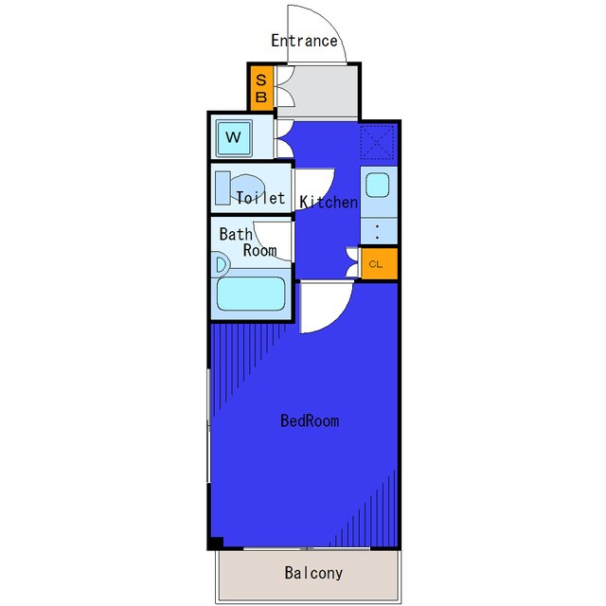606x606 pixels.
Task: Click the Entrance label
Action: coord(304,41)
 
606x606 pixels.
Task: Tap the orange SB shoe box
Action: coord(261,88)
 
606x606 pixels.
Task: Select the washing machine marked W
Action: coord(234,138)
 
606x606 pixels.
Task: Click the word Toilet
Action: coord(260,198)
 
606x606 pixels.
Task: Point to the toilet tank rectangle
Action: coord(223,187)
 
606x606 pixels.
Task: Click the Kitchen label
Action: coord(329,202)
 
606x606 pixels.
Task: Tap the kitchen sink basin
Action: coord(377,185)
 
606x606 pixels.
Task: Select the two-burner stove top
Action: coord(379,231)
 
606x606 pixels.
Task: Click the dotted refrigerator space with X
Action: coord(377,142)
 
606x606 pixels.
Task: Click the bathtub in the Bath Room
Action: coord(251,294)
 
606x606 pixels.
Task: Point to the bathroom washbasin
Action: coord(221,265)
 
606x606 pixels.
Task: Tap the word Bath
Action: coord(236,234)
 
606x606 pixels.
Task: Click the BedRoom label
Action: coord(310,420)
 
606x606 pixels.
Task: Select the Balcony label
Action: coord(313,573)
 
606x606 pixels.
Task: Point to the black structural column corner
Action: coord(216,543)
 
